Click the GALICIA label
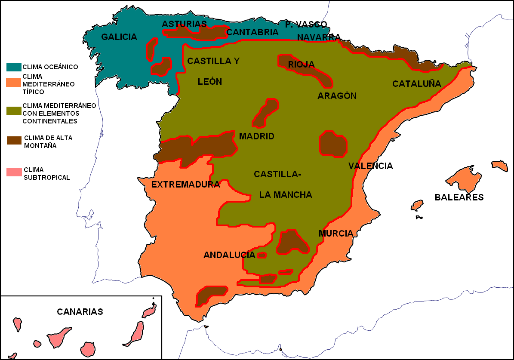click(119, 37)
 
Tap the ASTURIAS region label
click(184, 24)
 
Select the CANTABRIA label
click(252, 32)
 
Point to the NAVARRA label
click(319, 37)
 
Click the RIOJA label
click(301, 65)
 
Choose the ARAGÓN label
click(337, 96)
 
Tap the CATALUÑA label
click(416, 84)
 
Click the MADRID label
click(256, 137)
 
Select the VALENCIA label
click(370, 166)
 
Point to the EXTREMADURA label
click(186, 185)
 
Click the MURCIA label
click(336, 234)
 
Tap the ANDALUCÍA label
click(229, 255)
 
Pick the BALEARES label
click(459, 197)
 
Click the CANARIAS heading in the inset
click(80, 312)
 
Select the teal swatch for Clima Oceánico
click(14, 67)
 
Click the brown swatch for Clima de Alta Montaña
click(14, 141)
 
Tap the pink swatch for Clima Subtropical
click(14, 172)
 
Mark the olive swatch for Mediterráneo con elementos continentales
click(14, 111)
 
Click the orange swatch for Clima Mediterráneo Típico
click(14, 82)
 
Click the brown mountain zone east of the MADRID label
click(333, 144)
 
